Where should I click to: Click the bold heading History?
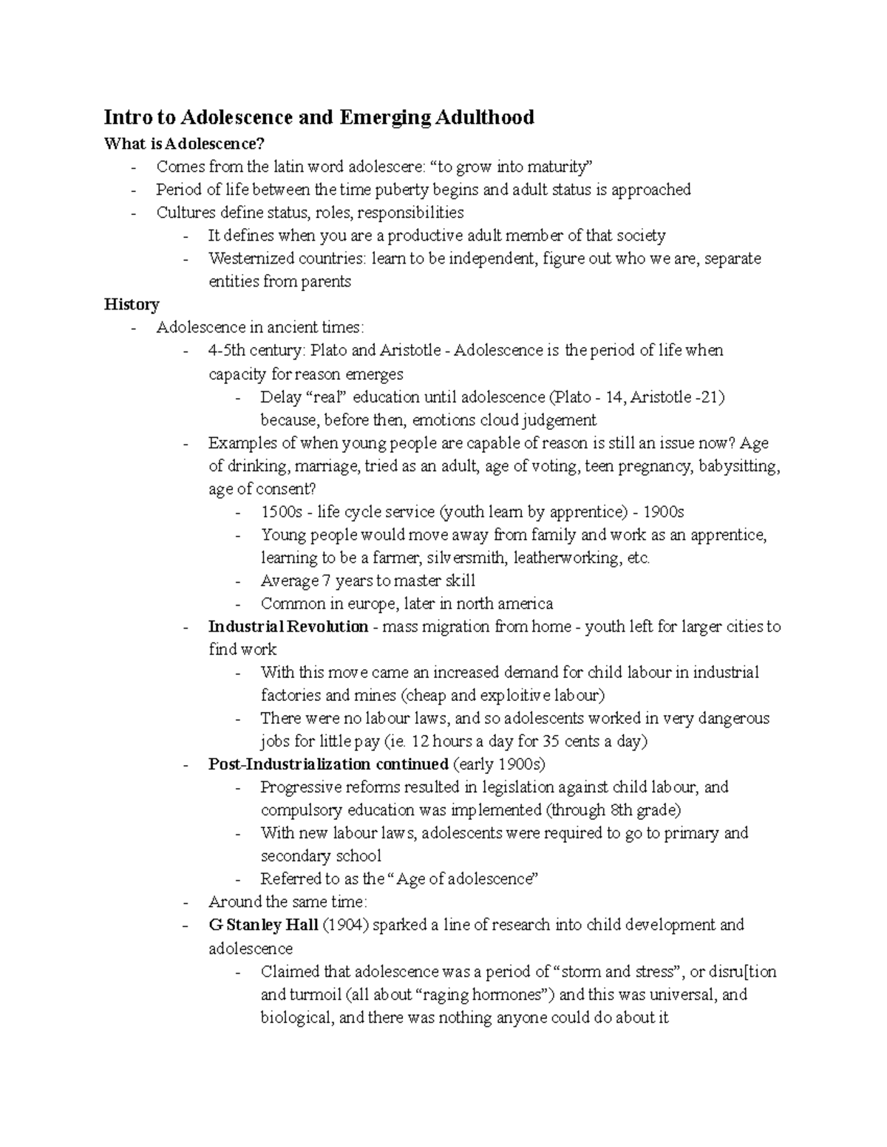pyautogui.click(x=132, y=304)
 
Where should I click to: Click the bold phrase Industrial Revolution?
pyautogui.click(x=288, y=627)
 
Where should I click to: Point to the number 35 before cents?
pyautogui.click(x=551, y=741)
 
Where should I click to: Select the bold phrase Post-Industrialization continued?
pyautogui.click(x=328, y=764)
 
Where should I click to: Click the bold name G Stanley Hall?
pyautogui.click(x=263, y=925)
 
